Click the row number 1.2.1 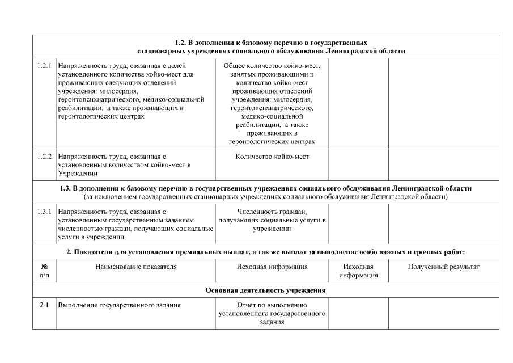(x=44, y=66)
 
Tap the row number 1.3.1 (x=44, y=212)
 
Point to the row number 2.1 (x=44, y=306)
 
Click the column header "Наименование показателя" (x=136, y=267)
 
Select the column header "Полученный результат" (x=443, y=267)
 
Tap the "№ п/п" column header (x=44, y=271)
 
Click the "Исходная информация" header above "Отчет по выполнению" (x=272, y=267)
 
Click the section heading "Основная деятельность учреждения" (x=265, y=290)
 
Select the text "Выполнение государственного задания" (x=119, y=306)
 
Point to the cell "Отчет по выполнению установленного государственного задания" (x=272, y=314)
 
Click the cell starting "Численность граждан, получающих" (x=272, y=220)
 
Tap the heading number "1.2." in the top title (x=181, y=43)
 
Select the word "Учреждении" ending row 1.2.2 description (x=78, y=174)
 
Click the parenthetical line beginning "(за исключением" (x=265, y=197)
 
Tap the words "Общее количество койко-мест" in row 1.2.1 (x=272, y=66)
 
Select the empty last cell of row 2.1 (x=443, y=314)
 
